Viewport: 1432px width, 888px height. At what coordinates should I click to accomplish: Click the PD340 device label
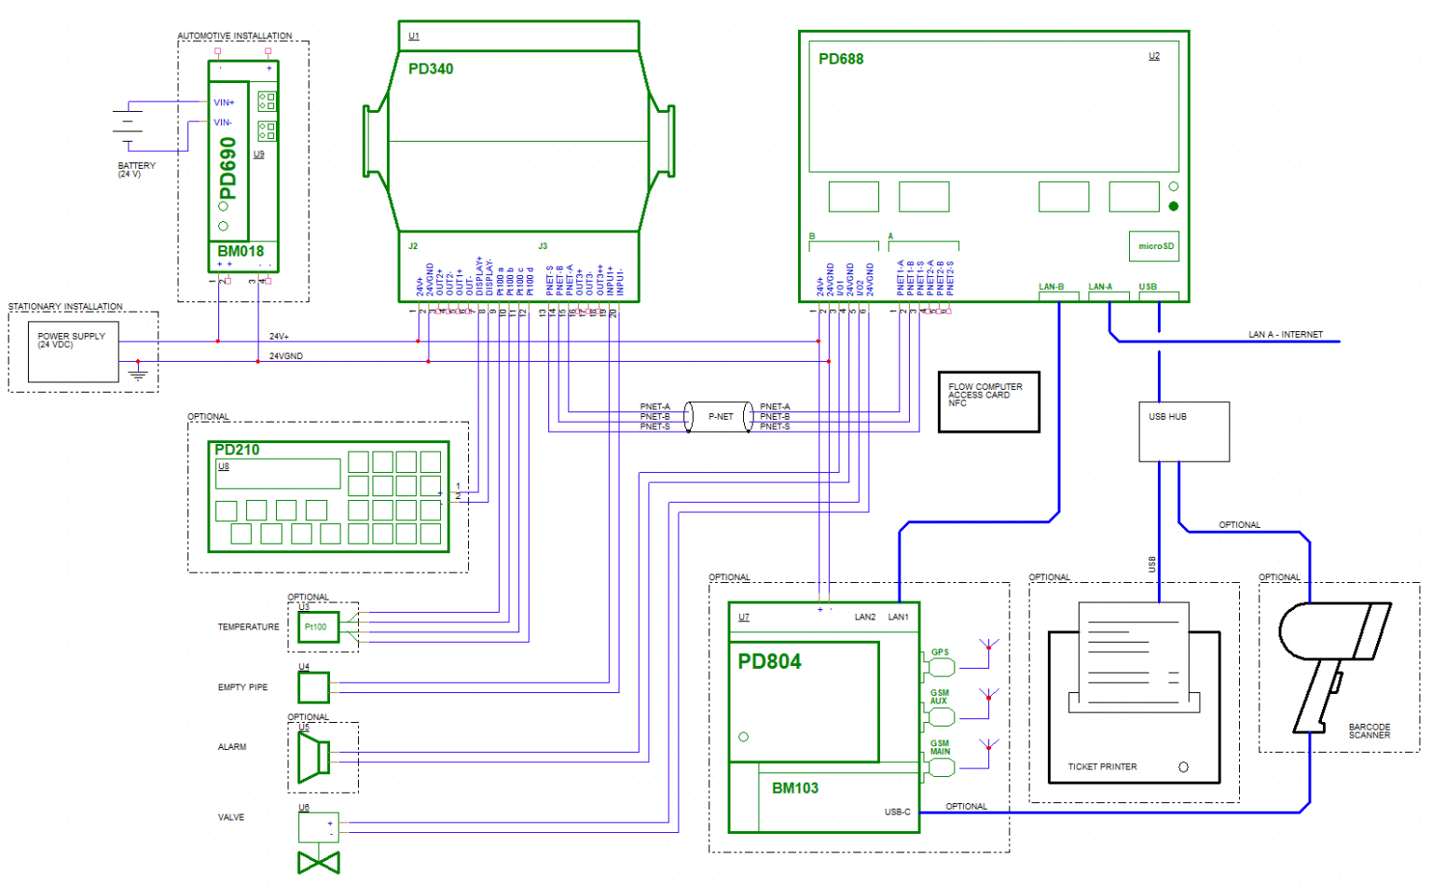click(x=431, y=69)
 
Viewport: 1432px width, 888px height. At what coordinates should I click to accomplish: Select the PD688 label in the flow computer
click(x=840, y=59)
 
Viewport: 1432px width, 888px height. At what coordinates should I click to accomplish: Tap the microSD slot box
click(x=1154, y=246)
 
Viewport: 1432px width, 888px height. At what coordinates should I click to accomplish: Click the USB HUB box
click(x=1183, y=431)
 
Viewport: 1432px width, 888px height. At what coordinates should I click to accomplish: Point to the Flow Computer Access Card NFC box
click(x=988, y=402)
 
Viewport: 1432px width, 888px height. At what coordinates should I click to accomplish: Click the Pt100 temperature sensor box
click(x=318, y=627)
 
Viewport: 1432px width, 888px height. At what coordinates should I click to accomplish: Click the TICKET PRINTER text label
click(x=1102, y=767)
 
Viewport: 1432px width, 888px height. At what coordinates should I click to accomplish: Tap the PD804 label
click(x=769, y=662)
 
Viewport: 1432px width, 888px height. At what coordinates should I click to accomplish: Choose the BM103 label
click(x=794, y=788)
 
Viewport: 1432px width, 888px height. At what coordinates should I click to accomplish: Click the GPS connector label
click(x=939, y=653)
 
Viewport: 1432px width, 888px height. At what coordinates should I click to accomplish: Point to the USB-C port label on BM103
click(x=897, y=812)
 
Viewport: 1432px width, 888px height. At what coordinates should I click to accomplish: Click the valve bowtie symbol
click(x=318, y=863)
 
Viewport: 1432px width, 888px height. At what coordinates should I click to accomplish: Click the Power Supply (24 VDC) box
click(x=73, y=354)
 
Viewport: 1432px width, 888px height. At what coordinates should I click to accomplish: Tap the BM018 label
click(x=241, y=251)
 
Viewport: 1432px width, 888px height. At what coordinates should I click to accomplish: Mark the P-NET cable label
click(x=720, y=417)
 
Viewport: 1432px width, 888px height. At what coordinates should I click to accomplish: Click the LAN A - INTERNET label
click(x=1285, y=334)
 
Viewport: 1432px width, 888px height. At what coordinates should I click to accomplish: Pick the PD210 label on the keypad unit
click(x=237, y=450)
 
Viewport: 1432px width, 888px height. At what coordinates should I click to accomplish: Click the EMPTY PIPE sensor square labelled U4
click(x=313, y=687)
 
